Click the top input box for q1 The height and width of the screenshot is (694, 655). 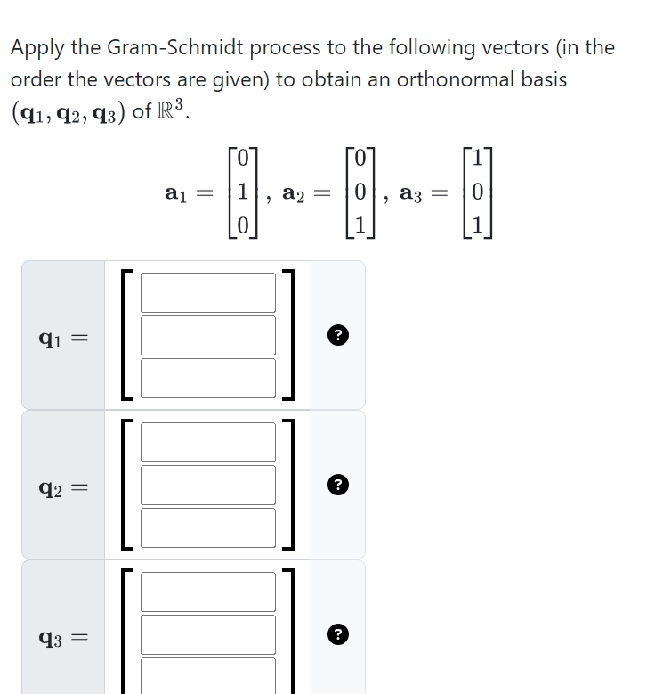point(207,292)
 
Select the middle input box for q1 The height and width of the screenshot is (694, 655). point(207,335)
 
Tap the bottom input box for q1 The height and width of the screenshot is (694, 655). point(207,377)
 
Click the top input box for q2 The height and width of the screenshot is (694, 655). point(207,442)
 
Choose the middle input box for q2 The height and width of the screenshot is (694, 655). point(207,485)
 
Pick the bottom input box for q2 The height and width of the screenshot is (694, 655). point(207,527)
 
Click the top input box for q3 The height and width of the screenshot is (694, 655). point(207,592)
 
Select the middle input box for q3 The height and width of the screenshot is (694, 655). point(207,634)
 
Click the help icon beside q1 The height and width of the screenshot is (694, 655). point(337,335)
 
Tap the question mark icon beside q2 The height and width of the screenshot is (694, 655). point(337,485)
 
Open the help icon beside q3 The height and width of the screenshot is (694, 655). point(337,634)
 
